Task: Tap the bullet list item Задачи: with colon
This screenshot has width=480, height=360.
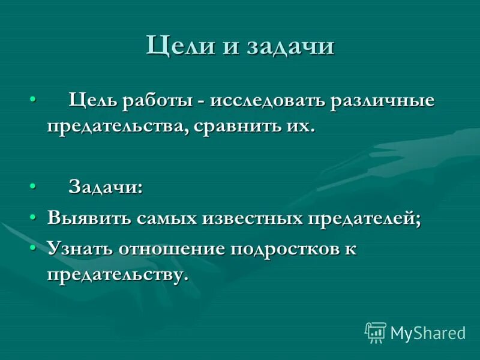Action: [106, 187]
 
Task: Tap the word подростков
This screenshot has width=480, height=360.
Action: [285, 248]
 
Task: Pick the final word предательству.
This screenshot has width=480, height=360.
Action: [118, 275]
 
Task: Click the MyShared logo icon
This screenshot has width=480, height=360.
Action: [376, 332]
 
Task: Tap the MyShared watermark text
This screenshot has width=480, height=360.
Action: [428, 333]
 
